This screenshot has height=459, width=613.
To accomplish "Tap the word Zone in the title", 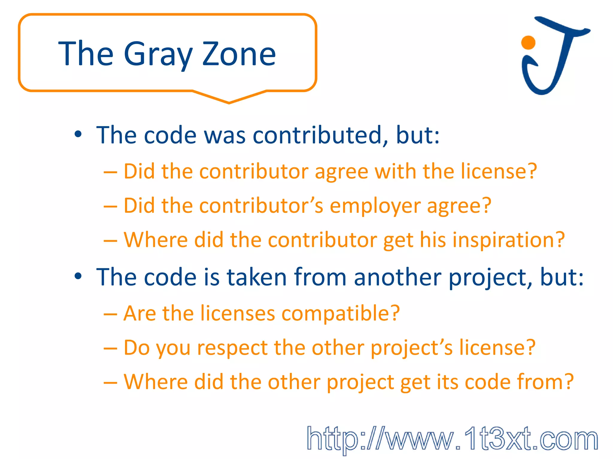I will pyautogui.click(x=239, y=54).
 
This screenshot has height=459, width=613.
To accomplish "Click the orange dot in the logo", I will pyautogui.click(x=528, y=42).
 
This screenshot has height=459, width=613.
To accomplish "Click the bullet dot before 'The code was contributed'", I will pyautogui.click(x=78, y=134).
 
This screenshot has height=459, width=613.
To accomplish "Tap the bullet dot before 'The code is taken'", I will pyautogui.click(x=78, y=276).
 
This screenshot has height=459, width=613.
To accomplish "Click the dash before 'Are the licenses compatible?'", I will pyautogui.click(x=110, y=314).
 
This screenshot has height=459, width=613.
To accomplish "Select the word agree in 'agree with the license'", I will pyautogui.click(x=341, y=172).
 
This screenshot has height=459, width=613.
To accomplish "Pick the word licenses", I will pyautogui.click(x=238, y=313).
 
